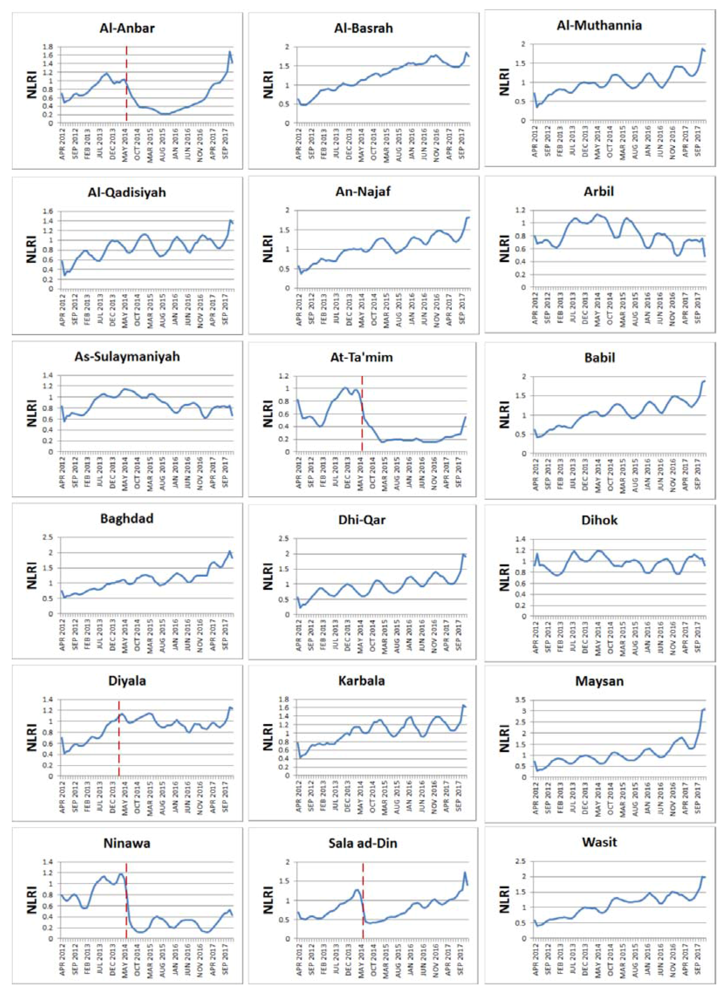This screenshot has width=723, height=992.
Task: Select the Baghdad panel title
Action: point(127,519)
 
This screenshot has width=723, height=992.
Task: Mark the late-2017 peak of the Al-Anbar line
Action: point(230,52)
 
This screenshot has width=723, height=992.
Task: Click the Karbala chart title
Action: point(363,681)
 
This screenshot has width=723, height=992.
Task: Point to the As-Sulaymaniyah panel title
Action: point(127,356)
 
